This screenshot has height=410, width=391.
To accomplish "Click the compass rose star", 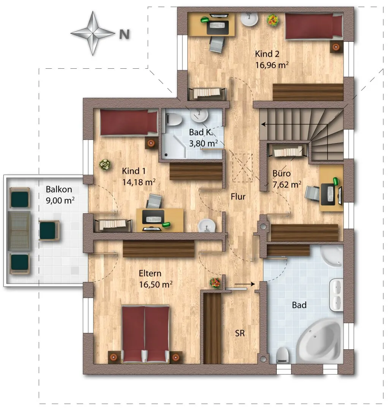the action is coord(93,33).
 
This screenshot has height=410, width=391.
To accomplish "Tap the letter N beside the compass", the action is coord(124,34).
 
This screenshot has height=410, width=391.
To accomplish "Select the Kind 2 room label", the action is coord(267,54).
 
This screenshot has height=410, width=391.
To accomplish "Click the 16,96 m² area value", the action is coord(272,65).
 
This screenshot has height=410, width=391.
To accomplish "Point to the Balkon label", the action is coord(59,189).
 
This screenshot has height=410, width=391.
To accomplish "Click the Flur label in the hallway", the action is coord(238,196).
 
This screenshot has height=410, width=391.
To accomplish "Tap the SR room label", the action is coord(240,333).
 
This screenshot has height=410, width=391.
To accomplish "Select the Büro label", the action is coord(281,173).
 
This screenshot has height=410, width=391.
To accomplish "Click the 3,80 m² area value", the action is coord(203,143).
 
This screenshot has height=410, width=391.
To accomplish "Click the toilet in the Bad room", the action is coord(283,355).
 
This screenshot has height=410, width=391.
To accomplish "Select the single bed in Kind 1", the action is coord(129,122).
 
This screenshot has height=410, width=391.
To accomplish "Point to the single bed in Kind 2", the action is coord(314,27).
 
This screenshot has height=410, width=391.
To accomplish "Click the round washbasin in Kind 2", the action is coord(249,19).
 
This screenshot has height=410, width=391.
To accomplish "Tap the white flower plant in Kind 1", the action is coord(105,165).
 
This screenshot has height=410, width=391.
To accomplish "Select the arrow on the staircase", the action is coord(294,125).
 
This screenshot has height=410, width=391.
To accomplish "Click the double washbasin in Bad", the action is coord(336,295).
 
